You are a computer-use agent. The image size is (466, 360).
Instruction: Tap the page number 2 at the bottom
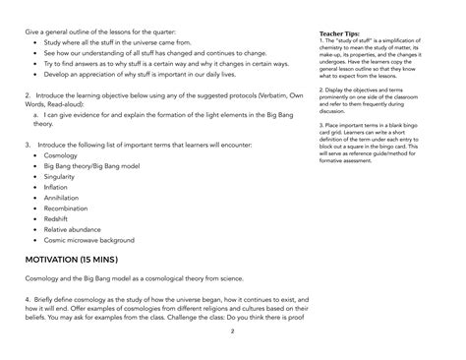coord(233,332)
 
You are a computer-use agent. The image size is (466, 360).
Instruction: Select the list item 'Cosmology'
coord(61,155)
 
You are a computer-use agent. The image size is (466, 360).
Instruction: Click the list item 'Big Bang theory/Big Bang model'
coord(90,166)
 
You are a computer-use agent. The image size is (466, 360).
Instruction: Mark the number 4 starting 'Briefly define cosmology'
coord(27,295)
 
